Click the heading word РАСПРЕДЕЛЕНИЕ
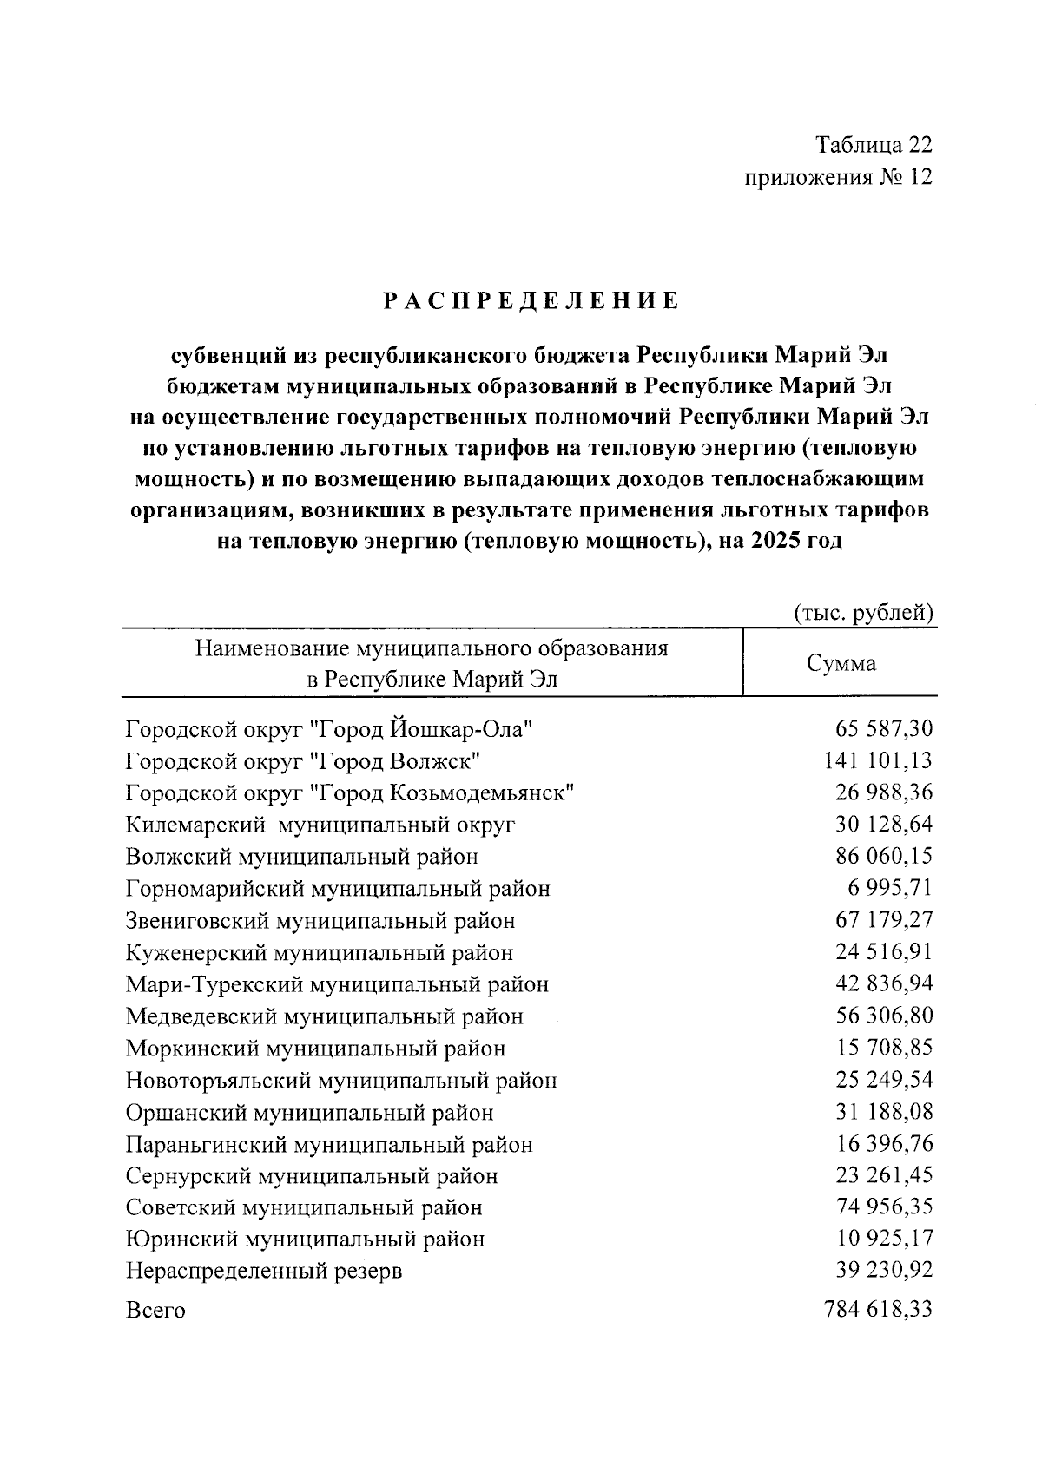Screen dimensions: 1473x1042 (531, 301)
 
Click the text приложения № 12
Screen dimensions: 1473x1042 (838, 178)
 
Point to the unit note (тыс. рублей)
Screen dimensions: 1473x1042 (864, 613)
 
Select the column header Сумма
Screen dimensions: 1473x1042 (841, 664)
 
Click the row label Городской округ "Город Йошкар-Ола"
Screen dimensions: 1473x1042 (328, 729)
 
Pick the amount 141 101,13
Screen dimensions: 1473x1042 (878, 761)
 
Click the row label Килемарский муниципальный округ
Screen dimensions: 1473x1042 (320, 825)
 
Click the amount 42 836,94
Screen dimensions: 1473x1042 (884, 983)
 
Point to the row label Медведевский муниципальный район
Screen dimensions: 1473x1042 (325, 1016)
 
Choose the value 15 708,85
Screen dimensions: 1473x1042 (884, 1048)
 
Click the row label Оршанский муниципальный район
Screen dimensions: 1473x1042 (310, 1112)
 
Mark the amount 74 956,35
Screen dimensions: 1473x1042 (884, 1207)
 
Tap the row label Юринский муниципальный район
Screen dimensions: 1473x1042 (305, 1239)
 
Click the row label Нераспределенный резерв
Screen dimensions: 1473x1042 (264, 1272)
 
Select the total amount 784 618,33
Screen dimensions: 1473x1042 (878, 1309)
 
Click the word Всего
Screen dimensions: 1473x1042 (155, 1310)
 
